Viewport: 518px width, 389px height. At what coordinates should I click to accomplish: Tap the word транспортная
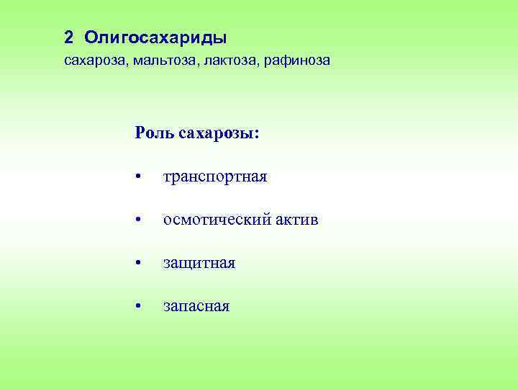215,177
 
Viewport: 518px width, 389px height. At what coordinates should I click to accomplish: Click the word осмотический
216,220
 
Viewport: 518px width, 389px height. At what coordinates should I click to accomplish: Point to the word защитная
199,264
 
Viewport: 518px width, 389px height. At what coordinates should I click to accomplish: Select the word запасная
196,307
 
